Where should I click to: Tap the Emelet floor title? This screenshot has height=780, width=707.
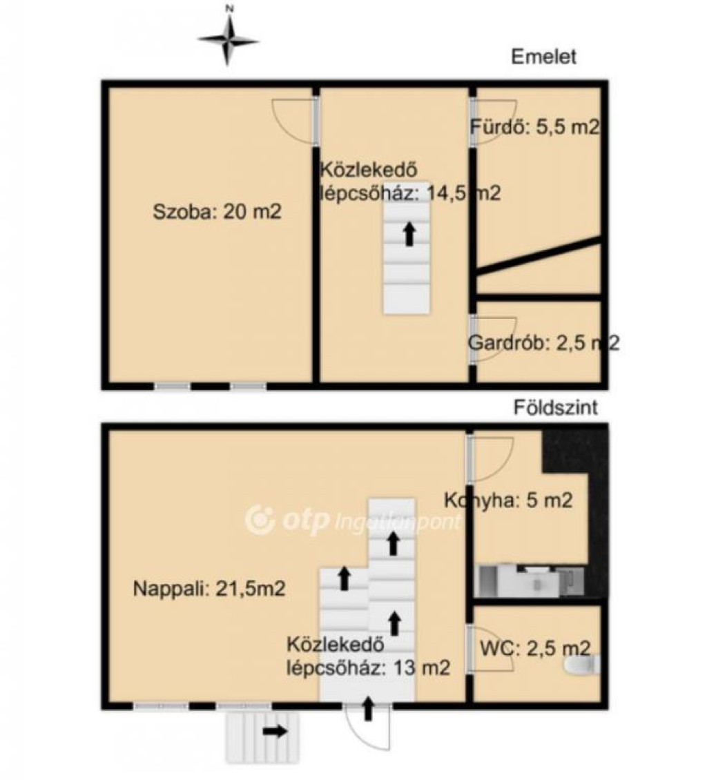pos(543,56)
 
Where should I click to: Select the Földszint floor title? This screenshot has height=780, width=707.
pos(556,407)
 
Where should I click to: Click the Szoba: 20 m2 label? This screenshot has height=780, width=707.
pos(217,212)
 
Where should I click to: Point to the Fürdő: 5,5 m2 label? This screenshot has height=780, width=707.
pos(535,127)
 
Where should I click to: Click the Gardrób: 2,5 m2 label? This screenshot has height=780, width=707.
pos(543,343)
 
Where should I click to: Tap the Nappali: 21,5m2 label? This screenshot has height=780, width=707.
pos(209,589)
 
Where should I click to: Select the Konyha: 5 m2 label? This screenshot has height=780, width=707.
pos(508,500)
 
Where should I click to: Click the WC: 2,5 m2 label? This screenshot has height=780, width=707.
pos(535,648)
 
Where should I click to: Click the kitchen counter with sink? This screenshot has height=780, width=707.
pos(530,580)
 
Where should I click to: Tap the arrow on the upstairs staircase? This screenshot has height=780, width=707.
pos(409,234)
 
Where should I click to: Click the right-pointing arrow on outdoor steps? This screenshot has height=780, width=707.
pos(275,731)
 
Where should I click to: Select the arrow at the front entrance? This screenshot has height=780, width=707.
pos(368,709)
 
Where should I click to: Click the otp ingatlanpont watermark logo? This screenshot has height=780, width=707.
pos(353,520)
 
